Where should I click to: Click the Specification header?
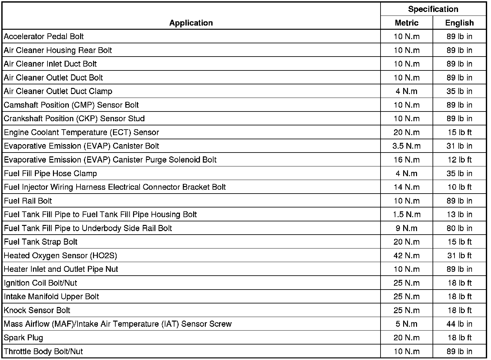433,9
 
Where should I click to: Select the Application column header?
191,23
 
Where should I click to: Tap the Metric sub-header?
406,23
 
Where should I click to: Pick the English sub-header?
459,23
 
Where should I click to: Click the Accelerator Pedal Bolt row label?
44,37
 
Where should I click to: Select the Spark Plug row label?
23,338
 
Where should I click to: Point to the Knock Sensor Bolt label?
37,310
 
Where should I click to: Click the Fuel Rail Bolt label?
28,201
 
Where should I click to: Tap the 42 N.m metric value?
406,256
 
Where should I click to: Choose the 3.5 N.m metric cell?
406,146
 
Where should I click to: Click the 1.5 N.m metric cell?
406,215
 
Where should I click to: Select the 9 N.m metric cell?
406,228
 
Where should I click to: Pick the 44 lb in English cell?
459,324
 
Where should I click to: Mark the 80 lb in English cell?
459,228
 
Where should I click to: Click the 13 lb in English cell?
459,215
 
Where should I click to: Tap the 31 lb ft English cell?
459,256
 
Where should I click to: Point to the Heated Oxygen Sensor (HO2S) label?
60,256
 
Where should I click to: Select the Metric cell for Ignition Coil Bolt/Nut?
406,283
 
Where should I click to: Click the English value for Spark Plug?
459,338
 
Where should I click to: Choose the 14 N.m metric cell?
406,187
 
